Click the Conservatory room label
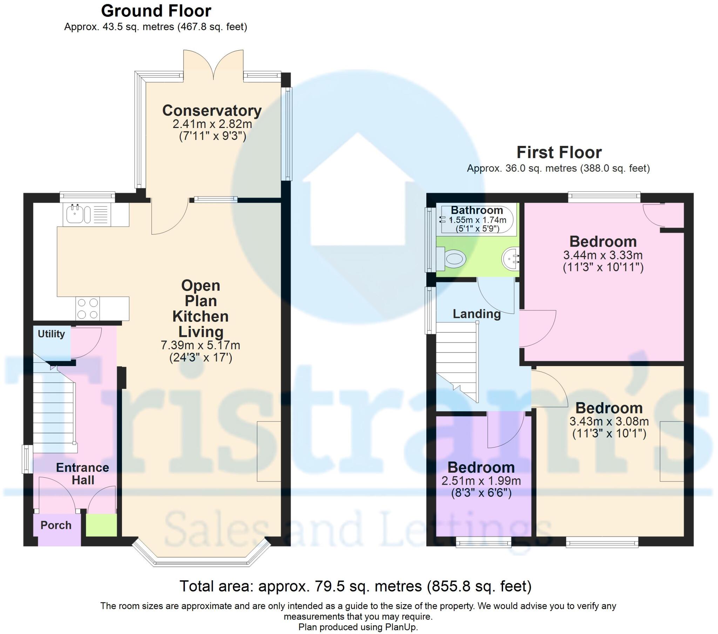point(212,111)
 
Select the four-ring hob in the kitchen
point(87,309)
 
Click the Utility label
point(51,334)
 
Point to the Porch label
point(56,525)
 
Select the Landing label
point(476,314)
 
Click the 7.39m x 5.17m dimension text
point(201,345)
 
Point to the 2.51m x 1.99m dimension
point(481,481)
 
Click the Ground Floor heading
point(156,11)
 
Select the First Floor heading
point(559,153)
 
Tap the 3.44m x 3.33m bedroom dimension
point(603,255)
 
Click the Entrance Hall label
point(83,474)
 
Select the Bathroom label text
point(477,210)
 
